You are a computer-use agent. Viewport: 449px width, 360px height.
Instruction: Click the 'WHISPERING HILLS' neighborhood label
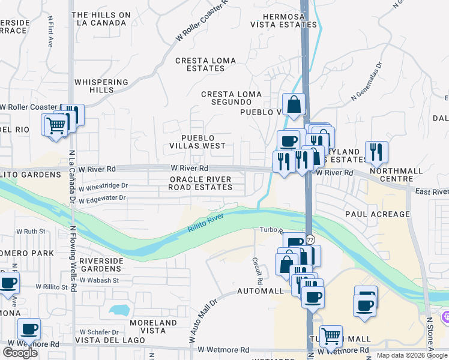point(101,86)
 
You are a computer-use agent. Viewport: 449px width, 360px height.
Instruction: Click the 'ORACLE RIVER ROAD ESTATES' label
point(200,183)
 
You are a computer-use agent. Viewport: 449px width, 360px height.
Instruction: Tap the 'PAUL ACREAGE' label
point(377,214)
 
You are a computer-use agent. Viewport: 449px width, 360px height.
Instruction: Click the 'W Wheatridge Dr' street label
point(104,187)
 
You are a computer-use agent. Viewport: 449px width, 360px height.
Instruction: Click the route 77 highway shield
point(310,239)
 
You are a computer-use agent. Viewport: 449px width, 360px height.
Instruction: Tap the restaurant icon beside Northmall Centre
point(376,152)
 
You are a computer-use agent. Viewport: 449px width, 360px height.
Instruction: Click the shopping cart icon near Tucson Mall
point(330,336)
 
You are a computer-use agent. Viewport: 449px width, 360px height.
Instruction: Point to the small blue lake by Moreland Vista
point(119,310)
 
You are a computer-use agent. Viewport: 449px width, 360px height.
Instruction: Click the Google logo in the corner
point(20,353)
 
